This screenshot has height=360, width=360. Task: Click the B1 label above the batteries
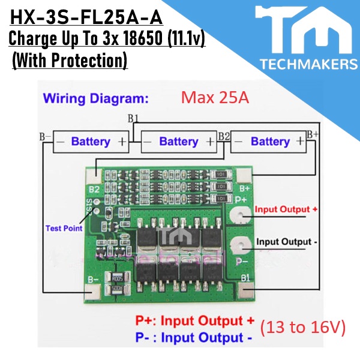click(133, 118)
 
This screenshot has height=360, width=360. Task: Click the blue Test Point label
click(64, 228)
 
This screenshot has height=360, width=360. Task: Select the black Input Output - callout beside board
click(286, 242)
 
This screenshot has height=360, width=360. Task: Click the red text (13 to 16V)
click(303, 328)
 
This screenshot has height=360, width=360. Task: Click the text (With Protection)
click(70, 61)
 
